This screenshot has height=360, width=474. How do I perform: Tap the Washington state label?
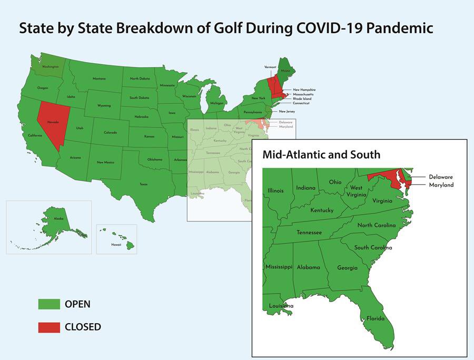click(x=51, y=67)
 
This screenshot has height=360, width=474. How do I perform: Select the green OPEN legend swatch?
click(x=48, y=304)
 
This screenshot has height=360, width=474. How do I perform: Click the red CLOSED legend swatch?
click(x=48, y=327)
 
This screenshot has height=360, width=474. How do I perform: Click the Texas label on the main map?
click(x=143, y=184)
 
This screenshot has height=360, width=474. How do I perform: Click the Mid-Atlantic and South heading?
click(x=321, y=155)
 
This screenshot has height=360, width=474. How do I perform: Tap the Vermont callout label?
click(x=271, y=67)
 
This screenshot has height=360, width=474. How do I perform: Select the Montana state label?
click(x=100, y=79)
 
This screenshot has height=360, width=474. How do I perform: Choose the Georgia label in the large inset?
click(x=347, y=268)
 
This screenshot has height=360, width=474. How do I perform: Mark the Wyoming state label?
click(x=104, y=106)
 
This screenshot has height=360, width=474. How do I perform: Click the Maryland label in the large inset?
click(x=441, y=185)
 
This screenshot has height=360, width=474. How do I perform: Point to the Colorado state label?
click(x=110, y=132)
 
